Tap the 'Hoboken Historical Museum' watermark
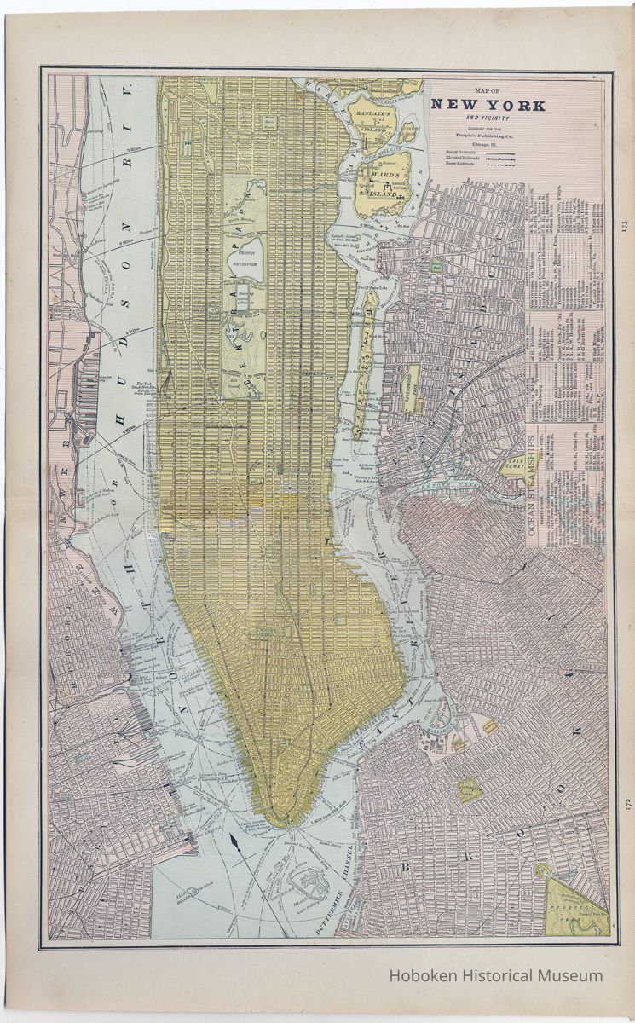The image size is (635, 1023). click(x=496, y=975)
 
